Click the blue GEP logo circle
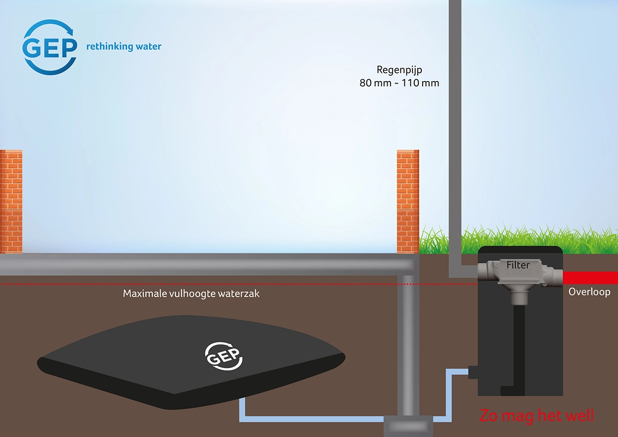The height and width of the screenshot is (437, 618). click(x=50, y=47)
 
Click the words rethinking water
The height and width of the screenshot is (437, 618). click(x=124, y=46)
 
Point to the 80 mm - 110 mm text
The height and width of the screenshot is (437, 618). click(x=399, y=83)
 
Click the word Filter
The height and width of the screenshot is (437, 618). click(x=518, y=265)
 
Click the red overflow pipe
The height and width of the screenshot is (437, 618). click(x=590, y=278)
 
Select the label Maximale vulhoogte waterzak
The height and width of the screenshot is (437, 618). click(x=191, y=294)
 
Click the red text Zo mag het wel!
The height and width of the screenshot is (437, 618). click(x=536, y=416)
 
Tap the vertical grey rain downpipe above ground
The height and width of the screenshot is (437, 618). click(x=455, y=124)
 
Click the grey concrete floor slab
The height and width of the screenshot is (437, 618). click(x=198, y=264)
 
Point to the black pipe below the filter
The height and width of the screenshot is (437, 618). click(x=519, y=346)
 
